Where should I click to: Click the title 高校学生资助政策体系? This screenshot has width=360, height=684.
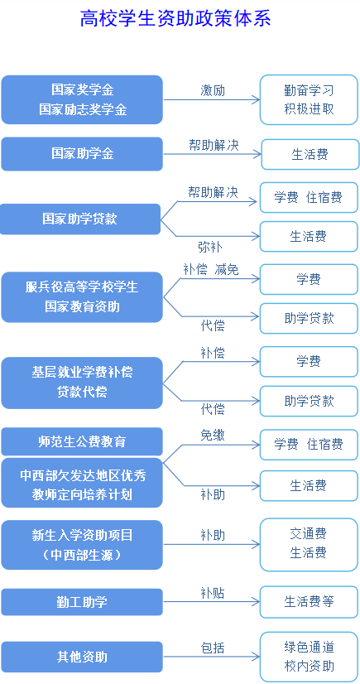[175, 19]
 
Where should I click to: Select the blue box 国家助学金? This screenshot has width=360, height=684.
[82, 153]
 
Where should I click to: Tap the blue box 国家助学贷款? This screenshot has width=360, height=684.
[80, 219]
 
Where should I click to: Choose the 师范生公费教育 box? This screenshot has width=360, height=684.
[82, 441]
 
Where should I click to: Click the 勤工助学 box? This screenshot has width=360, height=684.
[82, 602]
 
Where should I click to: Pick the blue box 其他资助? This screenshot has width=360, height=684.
[82, 657]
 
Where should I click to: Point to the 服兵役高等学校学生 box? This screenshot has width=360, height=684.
[82, 297]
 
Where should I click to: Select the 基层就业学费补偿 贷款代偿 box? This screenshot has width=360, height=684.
[82, 383]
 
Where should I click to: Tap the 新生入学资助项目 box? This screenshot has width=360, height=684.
[82, 545]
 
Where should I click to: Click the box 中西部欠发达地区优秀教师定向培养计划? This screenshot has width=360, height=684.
[82, 483]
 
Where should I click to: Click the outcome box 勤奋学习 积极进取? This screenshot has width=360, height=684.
[309, 100]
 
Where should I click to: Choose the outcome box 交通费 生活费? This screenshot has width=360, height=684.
[309, 544]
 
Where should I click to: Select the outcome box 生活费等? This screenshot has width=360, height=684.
[309, 602]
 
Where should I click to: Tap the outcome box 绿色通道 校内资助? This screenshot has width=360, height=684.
[309, 657]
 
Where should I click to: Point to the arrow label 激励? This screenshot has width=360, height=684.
[213, 90]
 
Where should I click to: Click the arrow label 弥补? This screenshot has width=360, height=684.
[210, 248]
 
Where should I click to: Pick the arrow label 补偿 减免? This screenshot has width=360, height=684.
[211, 270]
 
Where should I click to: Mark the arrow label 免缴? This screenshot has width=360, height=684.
[213, 435]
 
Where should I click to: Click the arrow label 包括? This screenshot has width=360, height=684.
[213, 648]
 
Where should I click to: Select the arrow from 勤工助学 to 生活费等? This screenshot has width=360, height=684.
[211, 602]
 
